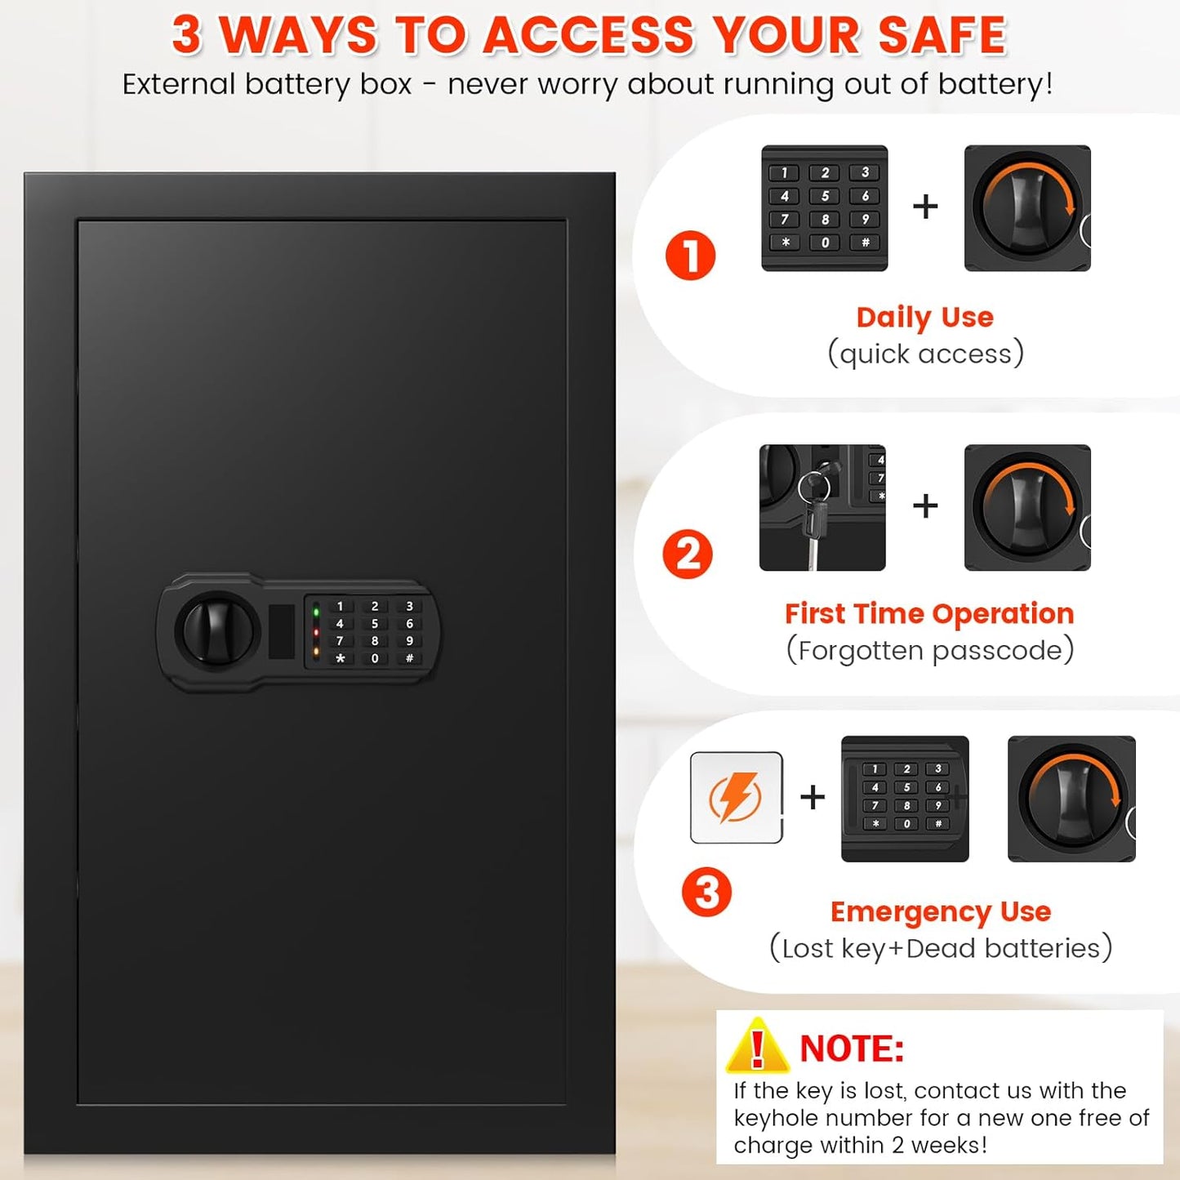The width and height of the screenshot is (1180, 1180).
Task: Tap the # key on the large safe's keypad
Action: pos(409,658)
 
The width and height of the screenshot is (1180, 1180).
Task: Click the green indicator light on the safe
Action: pos(316,612)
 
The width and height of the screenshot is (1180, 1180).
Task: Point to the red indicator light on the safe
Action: pos(316,632)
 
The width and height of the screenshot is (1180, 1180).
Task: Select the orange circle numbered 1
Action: pos(690,256)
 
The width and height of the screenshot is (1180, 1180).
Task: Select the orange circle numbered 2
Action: pos(688,554)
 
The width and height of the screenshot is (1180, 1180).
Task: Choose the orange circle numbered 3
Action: pos(706,892)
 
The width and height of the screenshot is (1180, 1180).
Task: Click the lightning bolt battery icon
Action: pos(736,797)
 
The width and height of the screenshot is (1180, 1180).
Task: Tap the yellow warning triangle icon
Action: pos(757,1046)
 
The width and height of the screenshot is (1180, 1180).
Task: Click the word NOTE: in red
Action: pos(852,1049)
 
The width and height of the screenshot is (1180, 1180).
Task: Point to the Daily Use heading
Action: pos(924,317)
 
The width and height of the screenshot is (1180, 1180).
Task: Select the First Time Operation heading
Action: pos(928,613)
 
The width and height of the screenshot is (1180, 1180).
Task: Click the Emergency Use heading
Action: pos(940,911)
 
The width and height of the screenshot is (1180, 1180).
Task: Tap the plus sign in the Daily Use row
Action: pos(925,207)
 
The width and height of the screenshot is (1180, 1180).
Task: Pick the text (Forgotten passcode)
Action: pos(929,650)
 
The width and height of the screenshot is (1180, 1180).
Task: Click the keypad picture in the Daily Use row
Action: pos(824,208)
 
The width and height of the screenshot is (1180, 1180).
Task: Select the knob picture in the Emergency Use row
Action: pos(1071,799)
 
